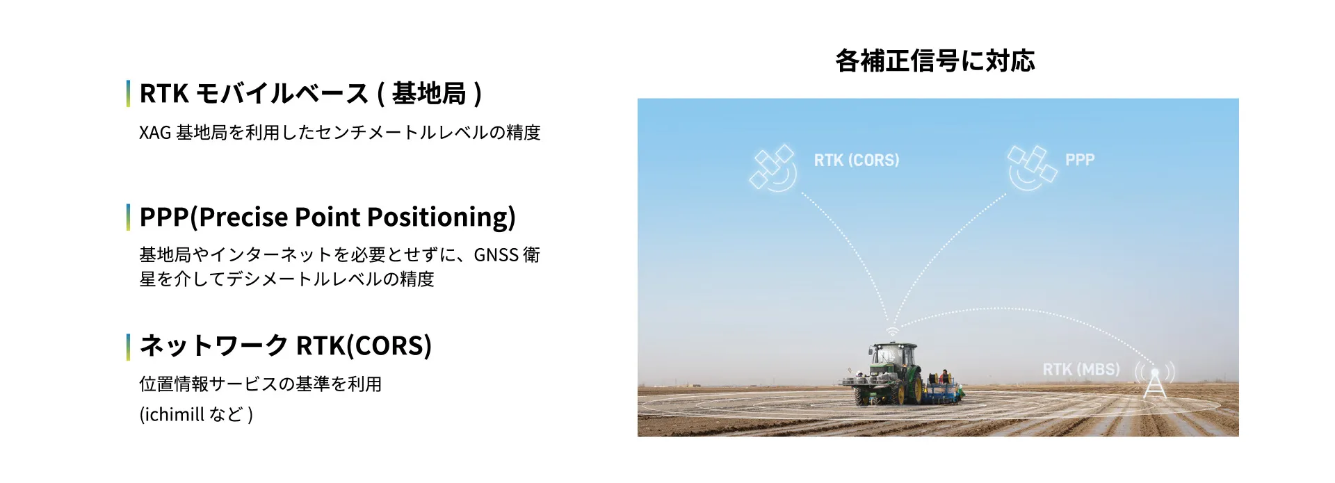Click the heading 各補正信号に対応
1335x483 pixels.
tap(934, 61)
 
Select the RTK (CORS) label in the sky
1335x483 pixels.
tap(857, 160)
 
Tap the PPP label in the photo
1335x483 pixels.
tap(1080, 160)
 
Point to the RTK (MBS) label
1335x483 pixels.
tap(1081, 369)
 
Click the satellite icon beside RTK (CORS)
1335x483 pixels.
tap(773, 167)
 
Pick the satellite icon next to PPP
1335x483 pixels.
tap(1032, 167)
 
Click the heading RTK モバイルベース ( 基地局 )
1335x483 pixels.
tap(311, 94)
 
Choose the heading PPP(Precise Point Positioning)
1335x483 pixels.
tap(327, 217)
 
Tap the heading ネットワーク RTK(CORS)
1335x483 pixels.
tap(286, 345)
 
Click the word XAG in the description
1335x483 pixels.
tap(155, 133)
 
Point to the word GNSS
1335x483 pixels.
tap(496, 255)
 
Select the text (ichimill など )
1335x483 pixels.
tap(196, 414)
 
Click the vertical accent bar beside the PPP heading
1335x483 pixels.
tap(128, 217)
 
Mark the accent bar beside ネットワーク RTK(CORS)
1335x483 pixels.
tap(128, 347)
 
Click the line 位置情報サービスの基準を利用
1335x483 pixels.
tap(261, 384)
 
